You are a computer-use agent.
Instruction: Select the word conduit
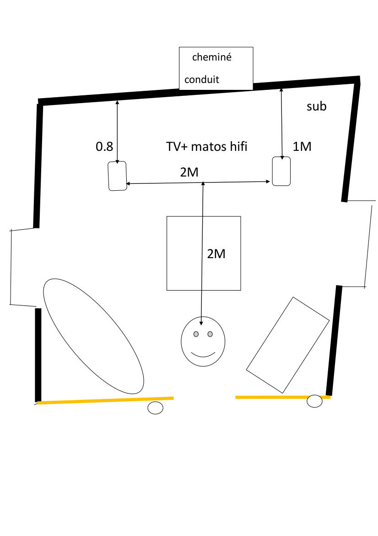(202, 80)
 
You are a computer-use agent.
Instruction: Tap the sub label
(316, 107)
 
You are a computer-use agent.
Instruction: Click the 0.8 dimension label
(104, 147)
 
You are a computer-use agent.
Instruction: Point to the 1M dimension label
(302, 147)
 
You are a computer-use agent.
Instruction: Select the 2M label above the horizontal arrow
(189, 173)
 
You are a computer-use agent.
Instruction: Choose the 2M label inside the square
(216, 254)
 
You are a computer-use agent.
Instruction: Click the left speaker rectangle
(118, 176)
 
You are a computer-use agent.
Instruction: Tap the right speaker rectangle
(281, 171)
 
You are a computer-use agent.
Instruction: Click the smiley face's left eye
(196, 334)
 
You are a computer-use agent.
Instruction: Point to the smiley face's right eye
(210, 334)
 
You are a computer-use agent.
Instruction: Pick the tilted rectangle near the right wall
(288, 345)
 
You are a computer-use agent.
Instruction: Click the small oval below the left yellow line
(156, 408)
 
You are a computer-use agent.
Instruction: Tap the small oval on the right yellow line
(314, 401)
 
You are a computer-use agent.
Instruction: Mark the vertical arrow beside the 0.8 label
(118, 133)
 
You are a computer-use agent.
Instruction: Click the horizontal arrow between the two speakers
(165, 183)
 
